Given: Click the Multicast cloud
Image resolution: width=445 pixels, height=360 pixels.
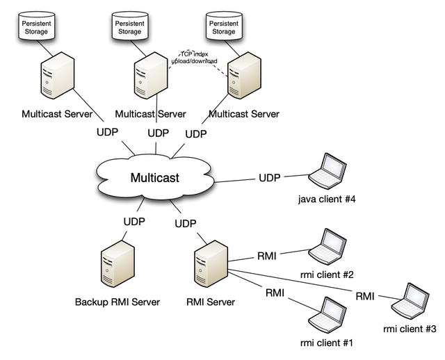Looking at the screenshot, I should pos(154,178).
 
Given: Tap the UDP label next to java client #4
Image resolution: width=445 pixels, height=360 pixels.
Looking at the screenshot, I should pos(269,178).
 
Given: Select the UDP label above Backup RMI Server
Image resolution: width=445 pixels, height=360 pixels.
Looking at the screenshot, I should pos(134,222).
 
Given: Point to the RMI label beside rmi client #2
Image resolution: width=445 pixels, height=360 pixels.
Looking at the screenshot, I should pos(266,256).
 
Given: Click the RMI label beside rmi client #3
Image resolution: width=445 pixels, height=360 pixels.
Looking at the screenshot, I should pos(365,296).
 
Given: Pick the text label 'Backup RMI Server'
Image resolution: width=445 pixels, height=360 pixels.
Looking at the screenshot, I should pos(118,302).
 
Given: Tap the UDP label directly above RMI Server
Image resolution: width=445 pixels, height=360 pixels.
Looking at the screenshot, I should pos(186,224).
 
